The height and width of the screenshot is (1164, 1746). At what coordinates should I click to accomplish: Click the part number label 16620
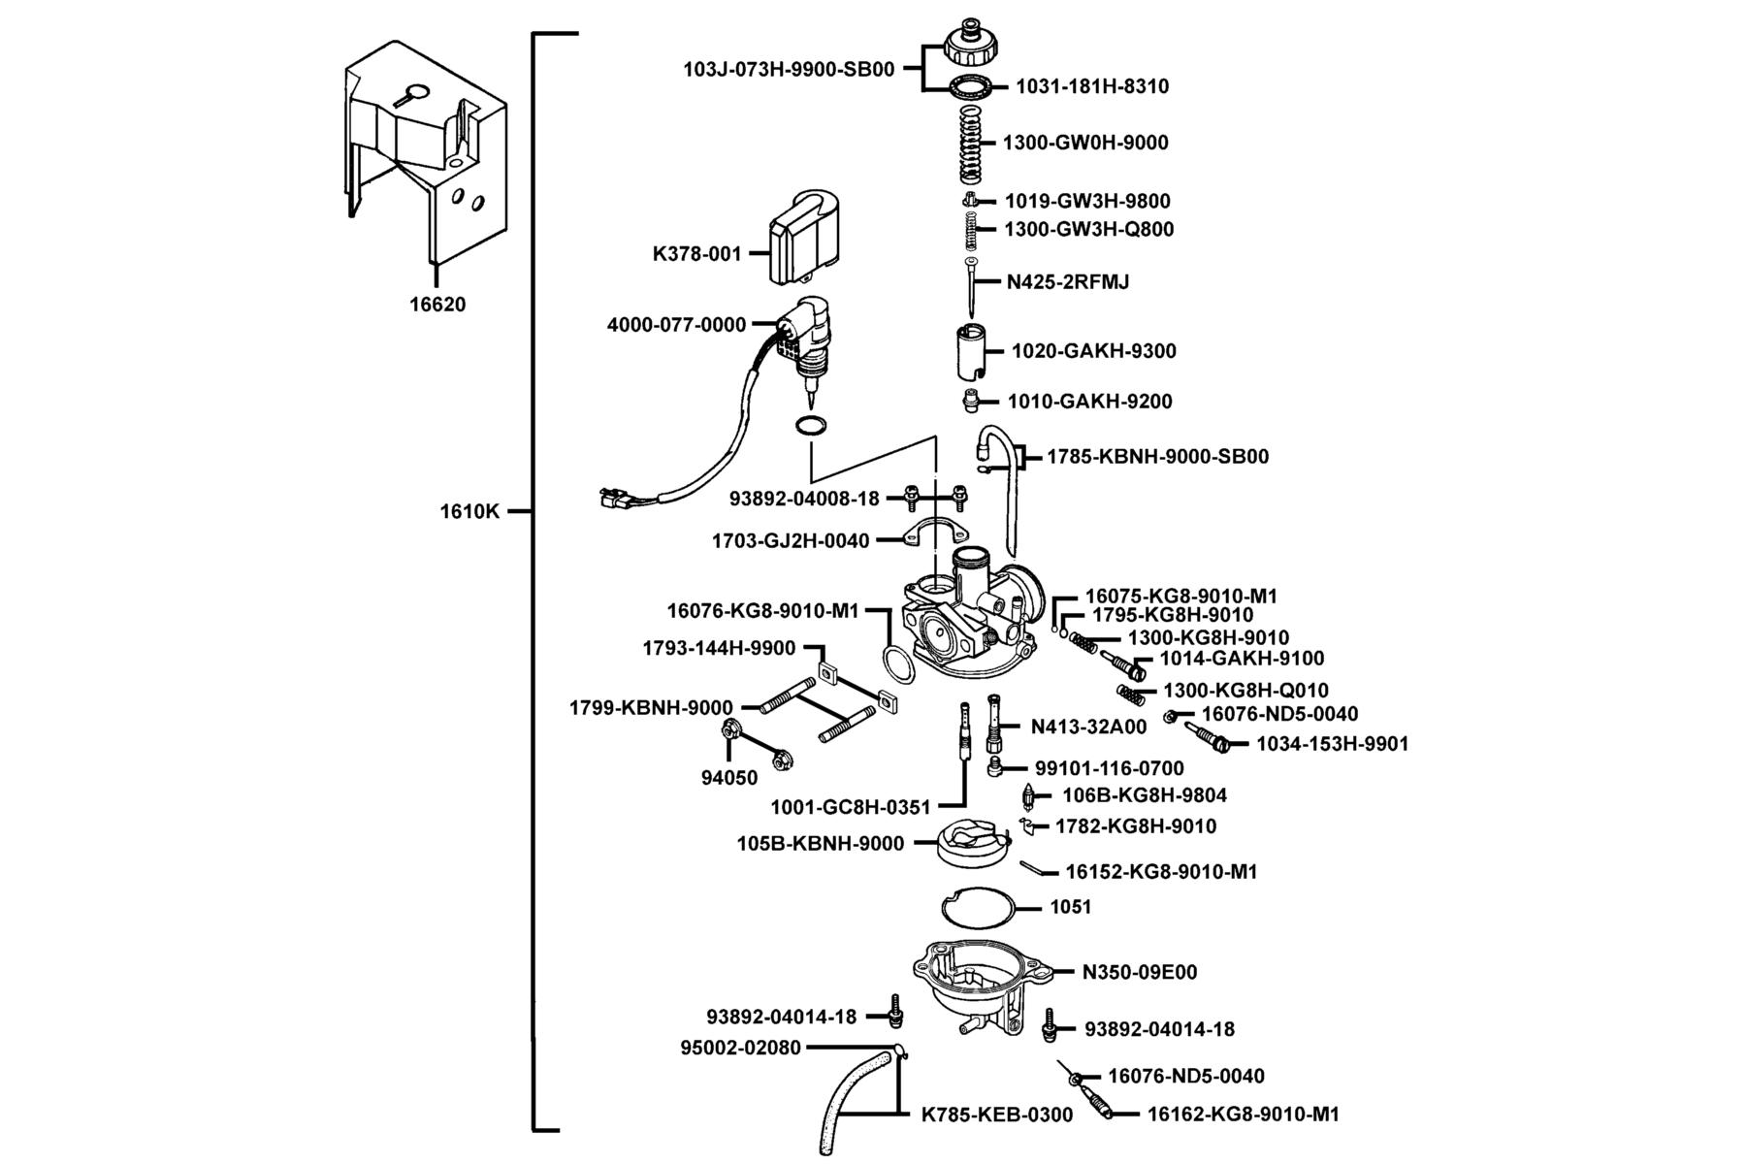[x=437, y=305]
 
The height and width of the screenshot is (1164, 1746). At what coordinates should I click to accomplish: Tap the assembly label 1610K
[x=469, y=511]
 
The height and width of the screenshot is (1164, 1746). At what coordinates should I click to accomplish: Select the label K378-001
[x=696, y=254]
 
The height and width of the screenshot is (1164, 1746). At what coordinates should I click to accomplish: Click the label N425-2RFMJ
[x=1068, y=282]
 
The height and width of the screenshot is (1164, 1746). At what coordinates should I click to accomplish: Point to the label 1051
[x=1071, y=907]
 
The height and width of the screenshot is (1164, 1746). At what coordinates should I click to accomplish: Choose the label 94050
[x=729, y=778]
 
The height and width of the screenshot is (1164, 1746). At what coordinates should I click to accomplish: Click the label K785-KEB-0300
[x=997, y=1115]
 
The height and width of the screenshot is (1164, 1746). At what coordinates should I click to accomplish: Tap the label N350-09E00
[x=1140, y=972]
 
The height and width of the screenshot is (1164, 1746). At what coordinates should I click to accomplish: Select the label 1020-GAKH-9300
[x=1094, y=351]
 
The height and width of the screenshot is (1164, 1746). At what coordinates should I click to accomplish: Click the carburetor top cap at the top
[x=970, y=44]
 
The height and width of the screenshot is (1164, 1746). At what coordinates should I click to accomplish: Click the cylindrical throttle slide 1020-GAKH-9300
[x=969, y=352]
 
